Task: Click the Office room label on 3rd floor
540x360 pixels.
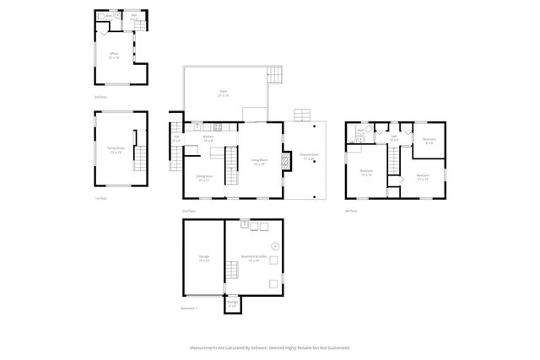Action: click(x=114, y=55)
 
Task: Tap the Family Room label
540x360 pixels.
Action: click(x=114, y=151)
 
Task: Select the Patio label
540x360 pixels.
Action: click(x=224, y=94)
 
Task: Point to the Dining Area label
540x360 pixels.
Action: click(x=203, y=178)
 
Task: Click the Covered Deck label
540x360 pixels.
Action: click(x=309, y=156)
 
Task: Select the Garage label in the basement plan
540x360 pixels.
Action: click(x=203, y=257)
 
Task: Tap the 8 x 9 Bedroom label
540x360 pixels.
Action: click(x=429, y=141)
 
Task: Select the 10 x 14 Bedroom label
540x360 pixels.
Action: click(x=367, y=175)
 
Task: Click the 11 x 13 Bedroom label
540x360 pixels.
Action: click(x=422, y=177)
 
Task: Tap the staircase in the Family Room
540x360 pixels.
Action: click(x=140, y=157)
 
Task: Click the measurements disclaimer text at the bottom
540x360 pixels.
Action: click(x=270, y=347)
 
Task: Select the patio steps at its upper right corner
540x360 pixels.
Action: click(x=275, y=74)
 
